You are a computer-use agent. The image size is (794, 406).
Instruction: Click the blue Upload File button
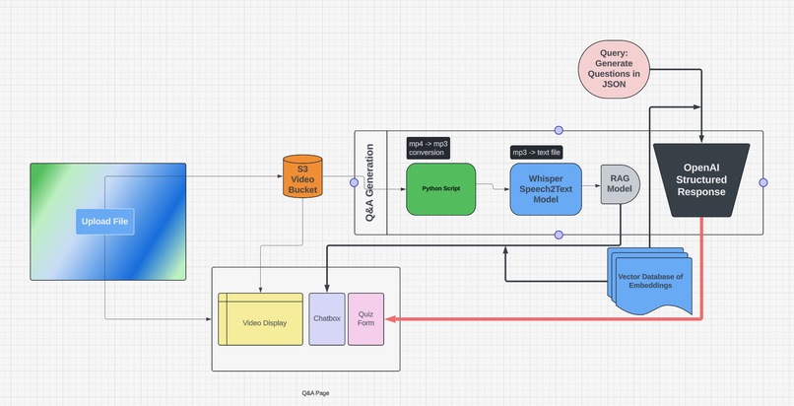[103, 222]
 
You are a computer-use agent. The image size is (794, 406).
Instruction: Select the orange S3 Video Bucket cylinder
[302, 181]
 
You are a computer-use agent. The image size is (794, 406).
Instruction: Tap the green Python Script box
[440, 188]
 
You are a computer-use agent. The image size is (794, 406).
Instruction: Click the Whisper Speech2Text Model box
[545, 188]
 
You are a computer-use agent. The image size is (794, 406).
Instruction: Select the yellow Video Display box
[260, 319]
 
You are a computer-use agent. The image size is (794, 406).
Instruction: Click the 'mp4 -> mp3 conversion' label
[428, 148]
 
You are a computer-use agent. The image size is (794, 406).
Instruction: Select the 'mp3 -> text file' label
[538, 152]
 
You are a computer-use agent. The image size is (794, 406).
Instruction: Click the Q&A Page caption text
[315, 392]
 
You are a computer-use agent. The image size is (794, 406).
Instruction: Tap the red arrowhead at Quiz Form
[389, 319]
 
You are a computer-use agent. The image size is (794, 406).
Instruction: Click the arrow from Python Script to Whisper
[493, 187]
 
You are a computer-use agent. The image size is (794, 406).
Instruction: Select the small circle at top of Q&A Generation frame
[559, 130]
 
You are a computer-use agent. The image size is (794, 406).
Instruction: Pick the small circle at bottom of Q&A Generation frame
[559, 235]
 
